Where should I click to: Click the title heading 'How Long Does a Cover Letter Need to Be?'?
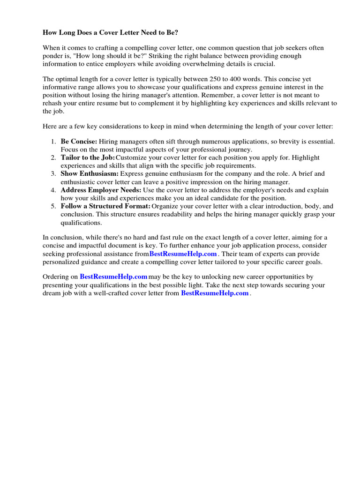coord(111,33)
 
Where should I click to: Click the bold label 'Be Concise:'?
coord(79,141)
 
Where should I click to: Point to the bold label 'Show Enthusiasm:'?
coord(90,174)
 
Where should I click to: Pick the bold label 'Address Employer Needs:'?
coord(101,190)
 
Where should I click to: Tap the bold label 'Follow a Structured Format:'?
coord(105,206)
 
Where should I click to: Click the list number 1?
coord(53,141)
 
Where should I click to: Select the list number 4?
coord(53,190)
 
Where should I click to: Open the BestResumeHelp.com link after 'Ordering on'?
coord(113,277)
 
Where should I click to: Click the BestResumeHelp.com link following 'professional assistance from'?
coord(183,254)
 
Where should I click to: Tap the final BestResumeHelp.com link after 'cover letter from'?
coord(215,293)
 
